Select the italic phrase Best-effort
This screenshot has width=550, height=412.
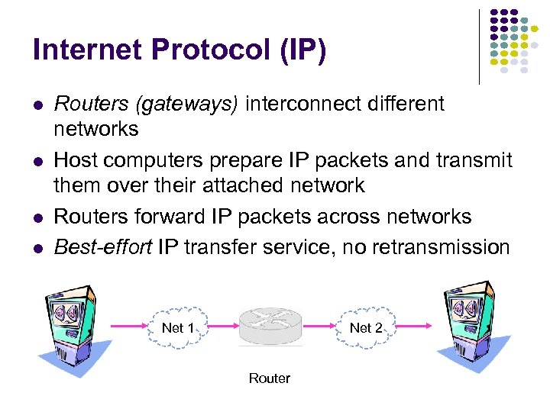(x=102, y=246)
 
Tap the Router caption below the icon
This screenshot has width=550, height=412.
(x=269, y=378)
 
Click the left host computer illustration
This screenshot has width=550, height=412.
(x=73, y=328)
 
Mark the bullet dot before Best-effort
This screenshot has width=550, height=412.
(x=37, y=247)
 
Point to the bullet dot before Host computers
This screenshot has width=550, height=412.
(x=37, y=161)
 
